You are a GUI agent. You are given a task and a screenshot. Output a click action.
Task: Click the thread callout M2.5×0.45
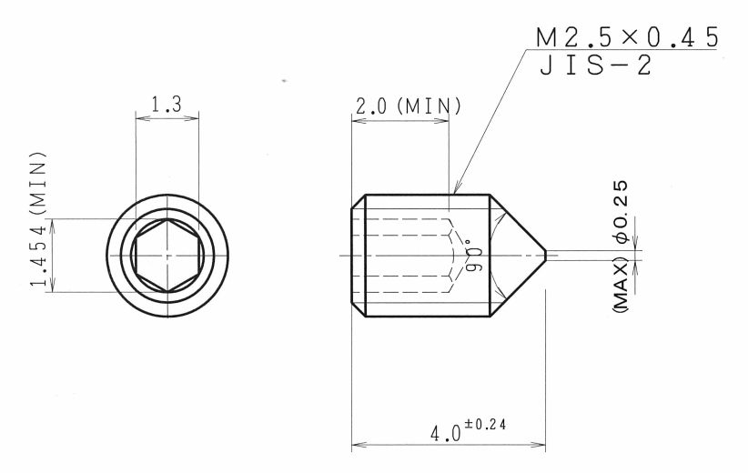tap(627, 37)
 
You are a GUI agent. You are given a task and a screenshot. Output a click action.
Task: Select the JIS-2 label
tap(595, 65)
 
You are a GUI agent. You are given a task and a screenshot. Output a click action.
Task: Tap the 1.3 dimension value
tap(167, 105)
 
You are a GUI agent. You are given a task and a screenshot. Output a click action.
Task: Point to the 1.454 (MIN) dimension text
tap(38, 219)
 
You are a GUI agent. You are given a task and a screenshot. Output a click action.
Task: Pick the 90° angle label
tap(474, 258)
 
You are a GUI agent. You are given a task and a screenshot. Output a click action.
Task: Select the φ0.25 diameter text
tap(622, 212)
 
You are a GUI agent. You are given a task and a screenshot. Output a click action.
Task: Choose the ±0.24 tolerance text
tap(485, 424)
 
